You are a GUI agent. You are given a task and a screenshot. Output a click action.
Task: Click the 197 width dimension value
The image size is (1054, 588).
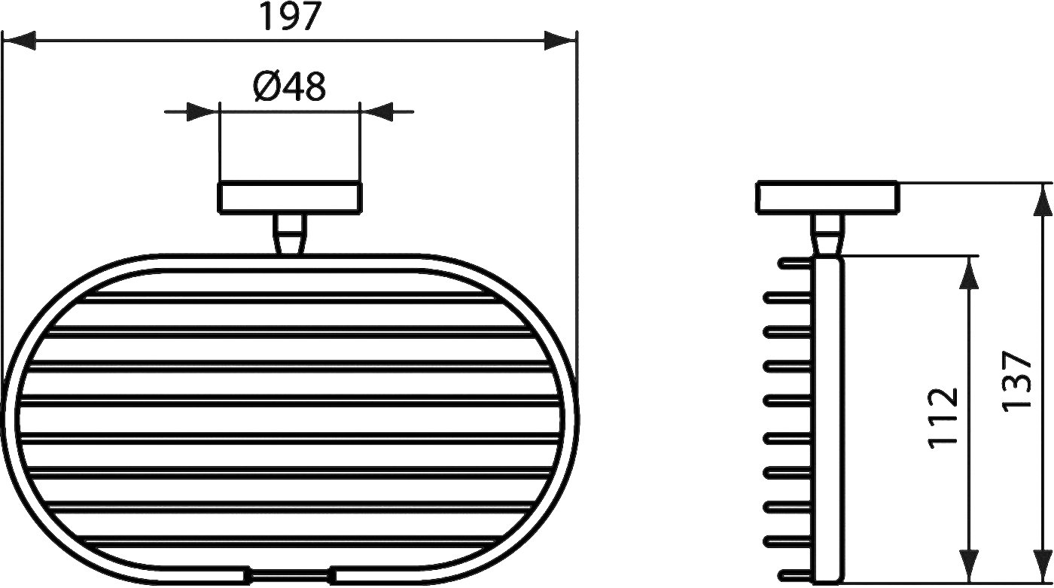coord(290,17)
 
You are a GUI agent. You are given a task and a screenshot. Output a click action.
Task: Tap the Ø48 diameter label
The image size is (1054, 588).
coord(289,87)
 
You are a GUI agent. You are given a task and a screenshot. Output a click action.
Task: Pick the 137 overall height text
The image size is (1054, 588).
coord(1016,382)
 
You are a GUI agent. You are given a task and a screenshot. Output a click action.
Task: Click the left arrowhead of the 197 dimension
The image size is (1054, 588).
coord(19,41)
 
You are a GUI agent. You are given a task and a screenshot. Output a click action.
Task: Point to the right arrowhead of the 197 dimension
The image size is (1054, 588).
coord(560,41)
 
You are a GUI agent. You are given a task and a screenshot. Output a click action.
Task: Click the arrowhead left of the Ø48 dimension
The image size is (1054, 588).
coord(203,112)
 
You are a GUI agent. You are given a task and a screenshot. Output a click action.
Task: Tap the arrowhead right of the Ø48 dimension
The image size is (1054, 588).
coord(376,112)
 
